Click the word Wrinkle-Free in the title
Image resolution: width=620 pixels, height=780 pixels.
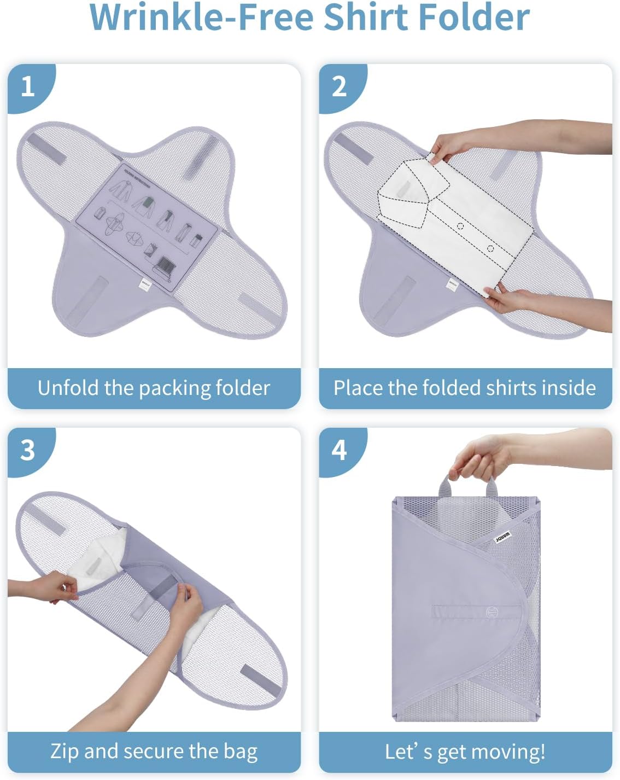click(x=202, y=18)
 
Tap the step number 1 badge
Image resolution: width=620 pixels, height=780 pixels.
click(x=27, y=86)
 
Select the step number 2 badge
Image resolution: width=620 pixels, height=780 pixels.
click(x=339, y=86)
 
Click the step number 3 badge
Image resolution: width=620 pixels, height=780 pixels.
click(x=27, y=450)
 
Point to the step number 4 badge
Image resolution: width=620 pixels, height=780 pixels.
click(x=339, y=450)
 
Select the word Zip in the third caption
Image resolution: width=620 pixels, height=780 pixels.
click(x=64, y=751)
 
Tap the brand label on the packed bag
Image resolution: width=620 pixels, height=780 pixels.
click(x=502, y=537)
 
